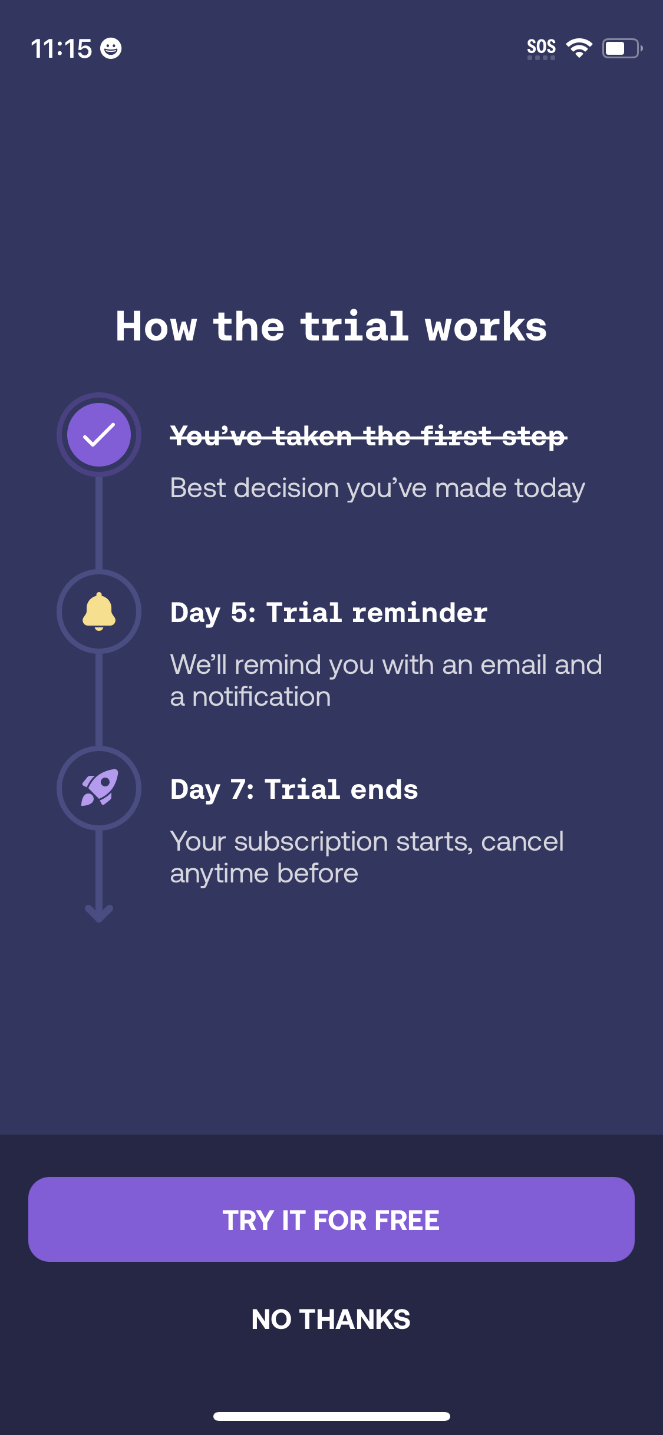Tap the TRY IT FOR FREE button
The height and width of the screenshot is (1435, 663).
331,1219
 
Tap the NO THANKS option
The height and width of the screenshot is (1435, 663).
331,1320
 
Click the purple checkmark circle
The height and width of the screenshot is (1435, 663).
99,435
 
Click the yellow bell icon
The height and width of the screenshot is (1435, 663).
99,611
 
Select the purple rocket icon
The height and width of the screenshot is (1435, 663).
99,788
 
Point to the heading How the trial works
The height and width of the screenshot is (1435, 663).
331,326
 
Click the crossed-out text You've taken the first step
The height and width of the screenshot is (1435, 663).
368,437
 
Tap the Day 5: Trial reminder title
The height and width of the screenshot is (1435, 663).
329,613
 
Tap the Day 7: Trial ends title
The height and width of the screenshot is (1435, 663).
294,789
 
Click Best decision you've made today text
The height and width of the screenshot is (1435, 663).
377,488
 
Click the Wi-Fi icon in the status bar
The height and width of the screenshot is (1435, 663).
579,48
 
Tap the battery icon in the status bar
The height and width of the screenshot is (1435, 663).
622,48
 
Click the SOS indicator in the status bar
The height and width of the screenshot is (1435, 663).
541,48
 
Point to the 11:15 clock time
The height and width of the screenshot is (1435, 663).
61,48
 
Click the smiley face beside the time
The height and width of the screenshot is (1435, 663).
111,48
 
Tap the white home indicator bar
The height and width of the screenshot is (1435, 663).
331,1416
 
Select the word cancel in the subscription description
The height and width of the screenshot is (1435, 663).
522,842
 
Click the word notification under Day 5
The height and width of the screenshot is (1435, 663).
262,697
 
